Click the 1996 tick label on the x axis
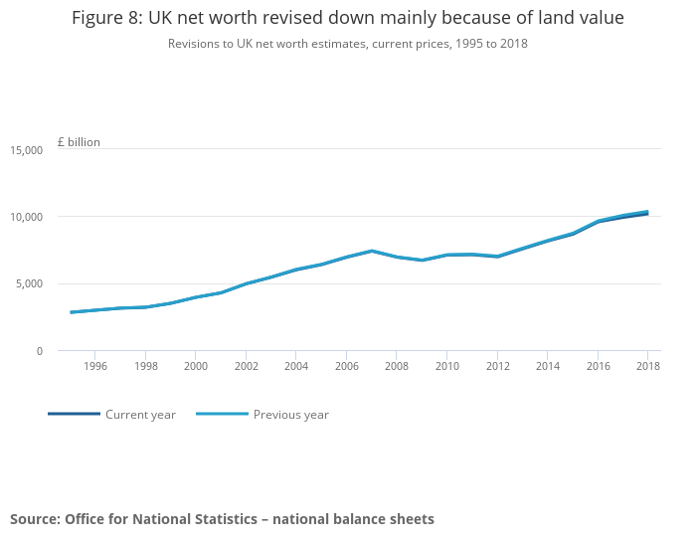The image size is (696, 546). click(95, 366)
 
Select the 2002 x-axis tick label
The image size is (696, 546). click(247, 366)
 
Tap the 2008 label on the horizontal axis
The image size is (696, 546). click(397, 366)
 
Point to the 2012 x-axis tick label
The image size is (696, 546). click(497, 366)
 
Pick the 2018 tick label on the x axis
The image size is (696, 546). click(648, 366)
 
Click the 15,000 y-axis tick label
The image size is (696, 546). click(27, 150)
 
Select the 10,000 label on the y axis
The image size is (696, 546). click(27, 217)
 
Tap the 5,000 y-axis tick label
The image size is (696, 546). click(29, 283)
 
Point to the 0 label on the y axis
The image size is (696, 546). click(40, 351)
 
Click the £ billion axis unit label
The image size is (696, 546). click(79, 142)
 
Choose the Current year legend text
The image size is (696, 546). click(140, 415)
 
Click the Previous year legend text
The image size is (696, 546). click(291, 415)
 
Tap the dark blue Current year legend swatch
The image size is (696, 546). click(75, 414)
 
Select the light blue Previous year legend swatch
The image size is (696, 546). click(222, 414)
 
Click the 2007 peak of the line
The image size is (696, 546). click(372, 252)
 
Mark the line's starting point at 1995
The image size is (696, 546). click(71, 312)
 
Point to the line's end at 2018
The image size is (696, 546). click(647, 213)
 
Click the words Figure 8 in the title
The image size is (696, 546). click(107, 18)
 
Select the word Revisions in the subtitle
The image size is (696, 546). click(191, 44)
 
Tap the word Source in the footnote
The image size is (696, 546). click(35, 519)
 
